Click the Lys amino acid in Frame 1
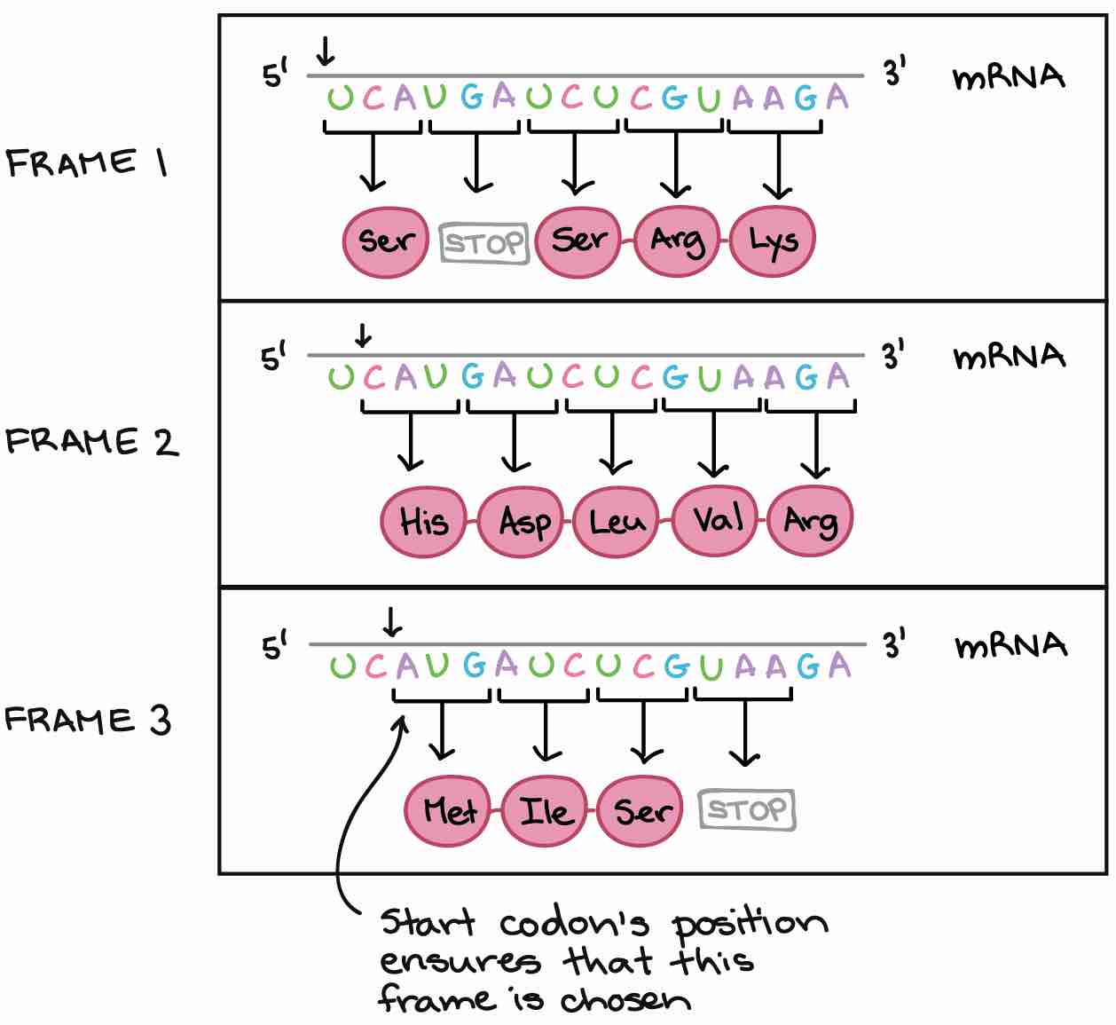[x=771, y=240]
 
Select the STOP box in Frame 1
[x=484, y=242]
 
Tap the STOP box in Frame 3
[x=747, y=810]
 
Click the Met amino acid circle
[x=448, y=810]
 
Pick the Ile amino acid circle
[x=544, y=810]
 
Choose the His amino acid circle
[x=423, y=520]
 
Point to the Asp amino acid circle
[x=521, y=521]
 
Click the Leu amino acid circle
[x=617, y=521]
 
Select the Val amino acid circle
[x=715, y=519]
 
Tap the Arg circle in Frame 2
[x=810, y=521]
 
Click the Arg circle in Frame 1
[x=677, y=240]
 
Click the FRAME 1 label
[x=87, y=163]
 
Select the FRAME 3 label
[x=87, y=720]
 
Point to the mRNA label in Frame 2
[x=1009, y=357]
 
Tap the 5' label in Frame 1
[x=275, y=75]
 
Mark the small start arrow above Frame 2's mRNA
[x=362, y=336]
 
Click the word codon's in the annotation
[x=574, y=925]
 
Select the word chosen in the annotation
[x=625, y=1001]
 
